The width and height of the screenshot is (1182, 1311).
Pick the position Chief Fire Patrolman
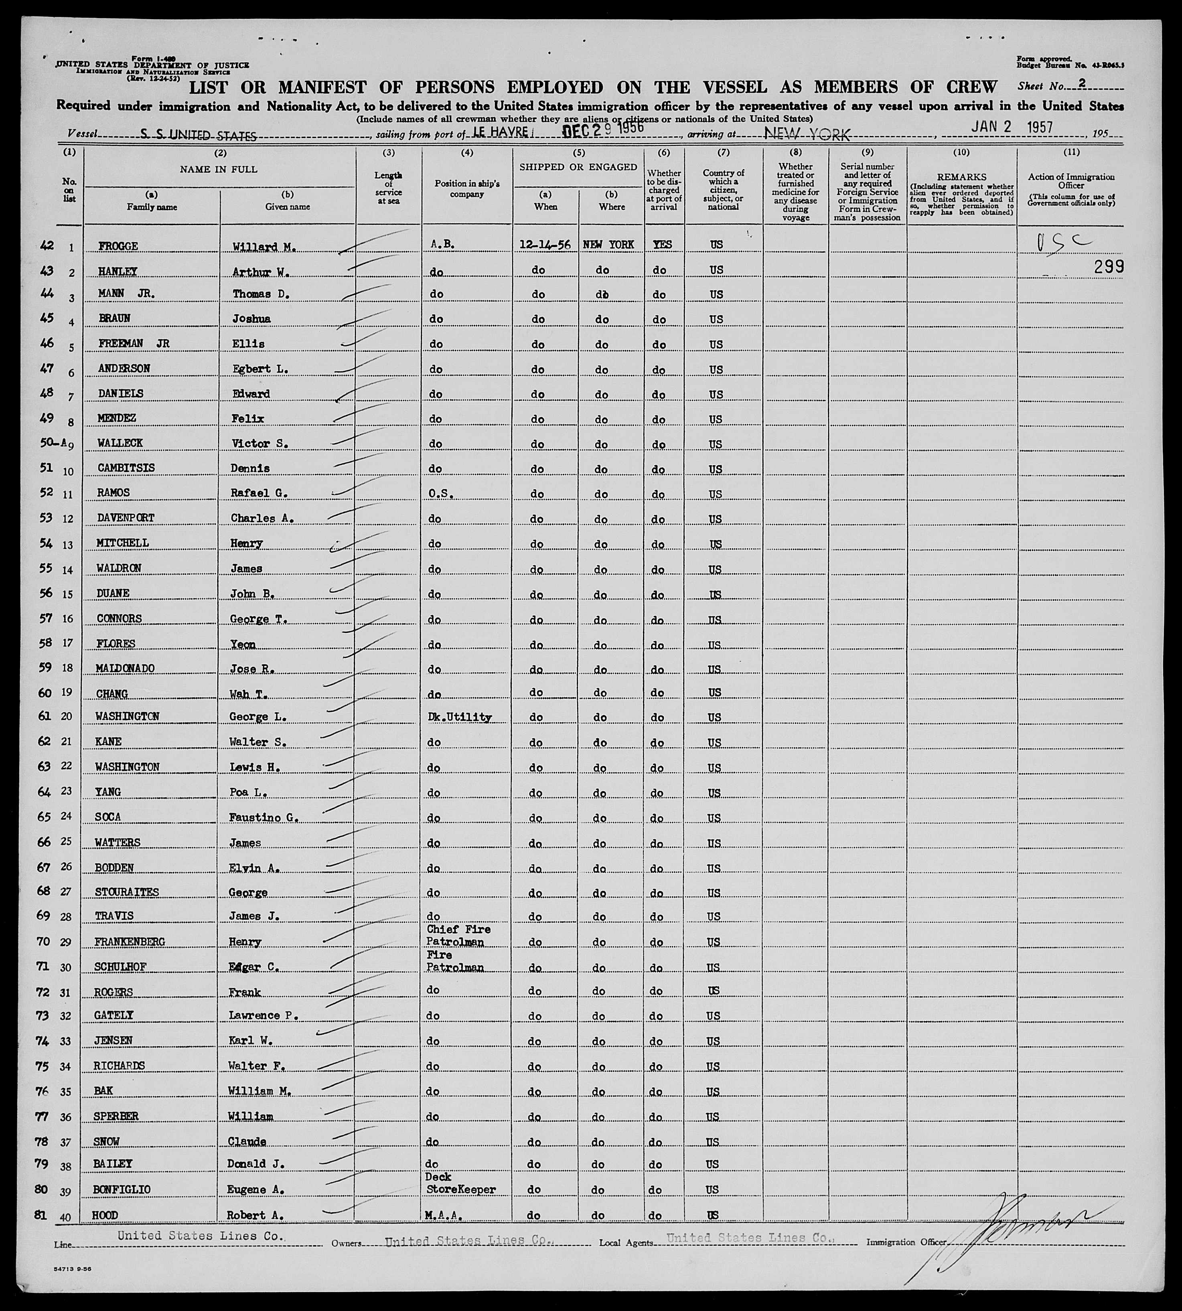(458, 935)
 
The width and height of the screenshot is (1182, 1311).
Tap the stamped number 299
(1109, 266)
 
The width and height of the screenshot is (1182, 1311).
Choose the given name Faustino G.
(264, 817)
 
